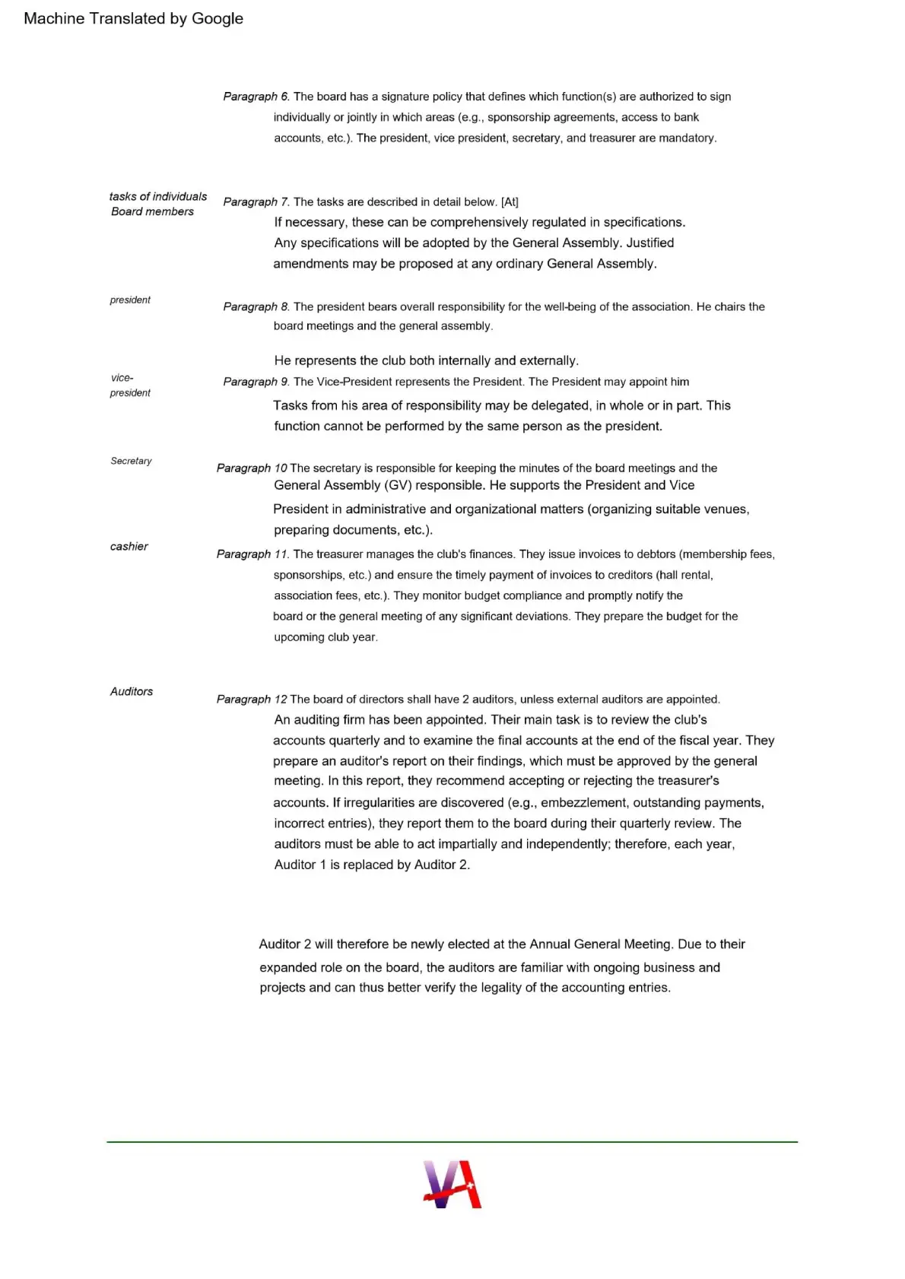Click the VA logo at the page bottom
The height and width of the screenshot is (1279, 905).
click(452, 1184)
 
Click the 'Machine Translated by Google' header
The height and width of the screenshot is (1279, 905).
click(133, 19)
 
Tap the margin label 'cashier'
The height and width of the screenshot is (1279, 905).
click(129, 547)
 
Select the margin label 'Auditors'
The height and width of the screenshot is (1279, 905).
click(132, 691)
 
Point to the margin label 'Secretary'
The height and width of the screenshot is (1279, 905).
click(131, 461)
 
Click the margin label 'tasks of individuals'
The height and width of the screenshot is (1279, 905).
click(157, 196)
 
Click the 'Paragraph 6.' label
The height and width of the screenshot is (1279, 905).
click(256, 97)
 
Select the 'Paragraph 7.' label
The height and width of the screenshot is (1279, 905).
click(256, 202)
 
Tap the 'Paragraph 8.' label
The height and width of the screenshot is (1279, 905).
click(256, 306)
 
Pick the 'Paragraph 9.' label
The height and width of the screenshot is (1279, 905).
click(256, 382)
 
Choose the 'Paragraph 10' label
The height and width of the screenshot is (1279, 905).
click(252, 468)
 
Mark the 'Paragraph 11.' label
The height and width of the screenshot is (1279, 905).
click(252, 554)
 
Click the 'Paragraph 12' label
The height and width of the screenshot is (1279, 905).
click(252, 699)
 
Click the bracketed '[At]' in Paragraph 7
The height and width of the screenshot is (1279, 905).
click(510, 202)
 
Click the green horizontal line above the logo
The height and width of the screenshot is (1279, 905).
click(452, 1141)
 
